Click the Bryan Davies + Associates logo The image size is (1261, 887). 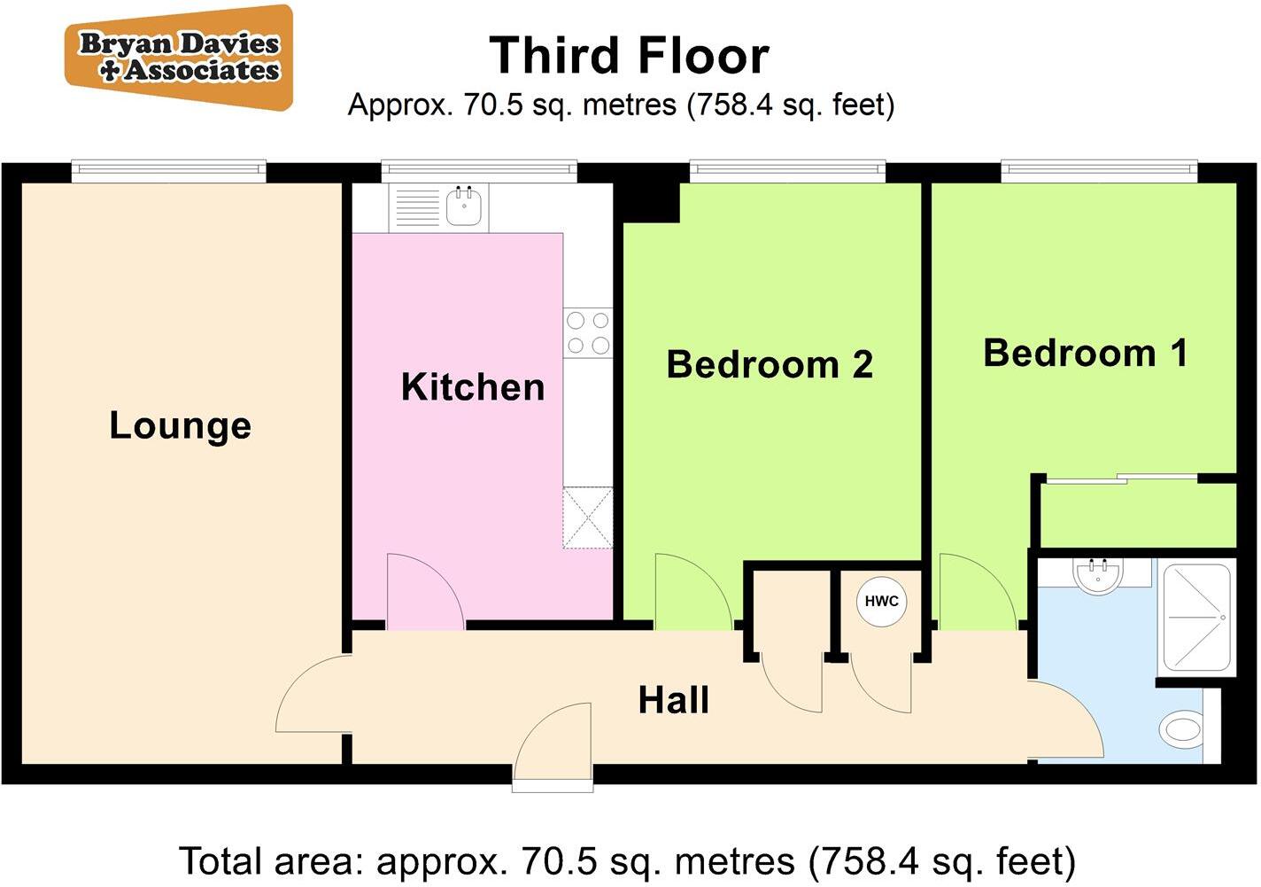coord(179,58)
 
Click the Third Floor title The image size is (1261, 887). coord(629,56)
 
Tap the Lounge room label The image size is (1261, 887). coord(180,425)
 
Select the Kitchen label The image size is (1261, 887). coord(473,387)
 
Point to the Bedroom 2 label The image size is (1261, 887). coord(770,364)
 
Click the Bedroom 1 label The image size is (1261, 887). coord(1085,353)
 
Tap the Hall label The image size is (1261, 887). coord(674,700)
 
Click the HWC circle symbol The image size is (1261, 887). coord(881,601)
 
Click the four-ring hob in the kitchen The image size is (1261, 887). coord(588,332)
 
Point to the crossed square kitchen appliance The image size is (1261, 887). coord(587,517)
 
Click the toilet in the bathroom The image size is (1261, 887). coord(1181,730)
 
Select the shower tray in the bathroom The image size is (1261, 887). coord(1196,618)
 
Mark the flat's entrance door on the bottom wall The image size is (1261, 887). coord(553,744)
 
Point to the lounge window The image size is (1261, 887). coord(168,170)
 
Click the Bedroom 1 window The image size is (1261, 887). coord(1099,170)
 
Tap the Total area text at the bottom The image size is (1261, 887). coord(628,860)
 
